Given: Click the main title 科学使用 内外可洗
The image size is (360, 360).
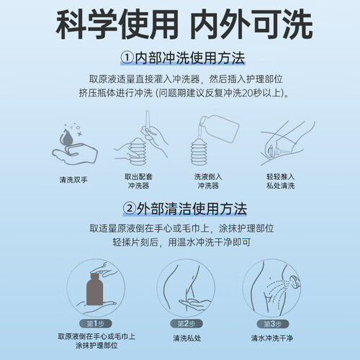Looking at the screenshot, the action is coord(184,24).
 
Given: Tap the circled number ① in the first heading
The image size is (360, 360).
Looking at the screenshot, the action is coord(127,58).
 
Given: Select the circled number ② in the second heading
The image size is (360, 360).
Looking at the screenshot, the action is coord(130,209).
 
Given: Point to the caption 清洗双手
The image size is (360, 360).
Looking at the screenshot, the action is coord(73,180).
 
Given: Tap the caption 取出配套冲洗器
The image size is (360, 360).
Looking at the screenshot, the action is coord(138,181).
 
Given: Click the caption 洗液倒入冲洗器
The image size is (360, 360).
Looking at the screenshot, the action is coord(208,181).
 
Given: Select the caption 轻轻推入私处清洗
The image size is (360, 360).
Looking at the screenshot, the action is coord(280,181).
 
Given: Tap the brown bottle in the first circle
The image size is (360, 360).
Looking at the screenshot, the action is coord(94,289).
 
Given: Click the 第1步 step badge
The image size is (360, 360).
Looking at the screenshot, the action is coord(96,324).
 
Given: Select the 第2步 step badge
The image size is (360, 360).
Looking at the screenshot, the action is coord(186,324).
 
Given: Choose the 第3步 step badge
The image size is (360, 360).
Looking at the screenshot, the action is coord(273,324).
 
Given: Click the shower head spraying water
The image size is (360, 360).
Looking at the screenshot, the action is coord(294,281).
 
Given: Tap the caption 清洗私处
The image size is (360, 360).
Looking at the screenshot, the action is coord(187,338).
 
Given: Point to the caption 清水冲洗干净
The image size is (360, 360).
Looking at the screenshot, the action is coord(272,338).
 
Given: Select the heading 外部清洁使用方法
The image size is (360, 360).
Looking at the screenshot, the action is coord(192,209).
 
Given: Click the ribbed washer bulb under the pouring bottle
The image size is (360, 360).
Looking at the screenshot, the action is coord(199,152).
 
